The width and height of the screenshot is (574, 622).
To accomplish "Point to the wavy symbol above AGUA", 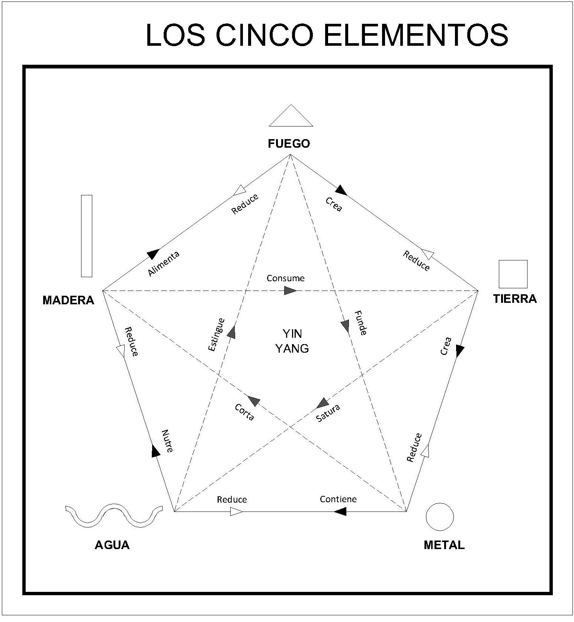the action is (x=113, y=516).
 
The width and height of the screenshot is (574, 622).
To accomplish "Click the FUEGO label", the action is (x=289, y=144).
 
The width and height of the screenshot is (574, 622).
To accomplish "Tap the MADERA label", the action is (x=68, y=300).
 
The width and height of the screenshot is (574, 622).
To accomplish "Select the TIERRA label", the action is (x=515, y=299).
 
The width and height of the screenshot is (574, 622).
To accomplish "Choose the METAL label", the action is (x=444, y=545).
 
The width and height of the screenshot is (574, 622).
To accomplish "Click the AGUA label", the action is (x=112, y=545).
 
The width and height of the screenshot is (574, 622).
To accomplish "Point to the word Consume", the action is (x=286, y=278).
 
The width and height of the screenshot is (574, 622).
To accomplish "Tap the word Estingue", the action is (x=216, y=334).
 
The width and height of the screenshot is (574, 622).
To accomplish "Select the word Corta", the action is (x=244, y=412).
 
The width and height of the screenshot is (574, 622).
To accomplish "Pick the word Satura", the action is (x=328, y=413).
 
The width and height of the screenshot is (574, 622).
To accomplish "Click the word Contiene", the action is (x=338, y=499).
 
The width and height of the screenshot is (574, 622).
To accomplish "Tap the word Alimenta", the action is (x=164, y=263).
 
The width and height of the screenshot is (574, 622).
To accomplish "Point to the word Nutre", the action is (x=167, y=441).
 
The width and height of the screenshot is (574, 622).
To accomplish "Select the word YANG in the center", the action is (x=292, y=349).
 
